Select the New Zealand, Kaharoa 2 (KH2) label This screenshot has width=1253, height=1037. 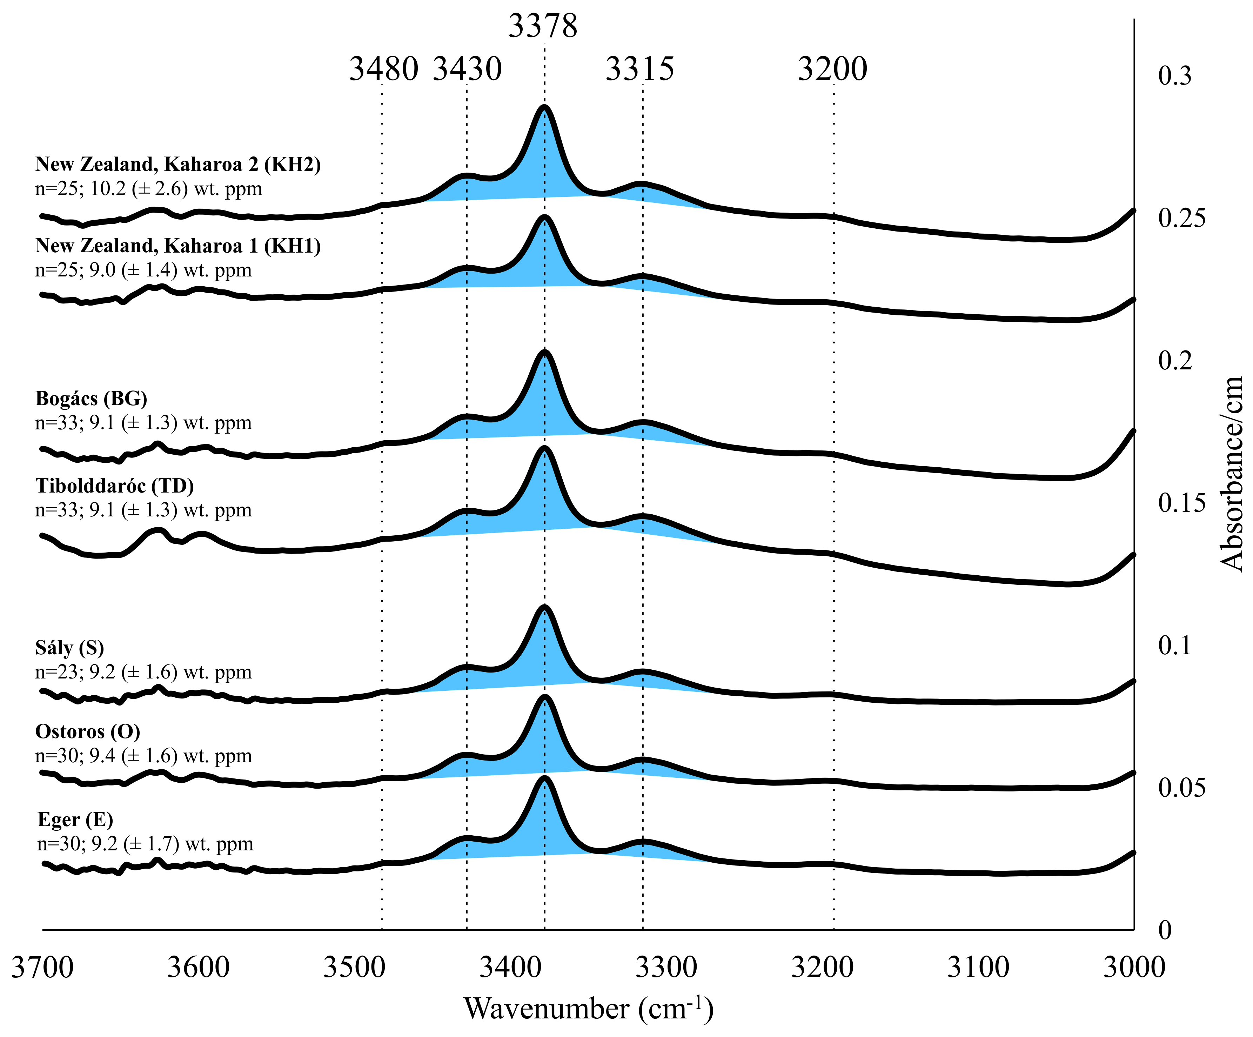point(178,164)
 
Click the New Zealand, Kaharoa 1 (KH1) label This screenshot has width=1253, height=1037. point(178,246)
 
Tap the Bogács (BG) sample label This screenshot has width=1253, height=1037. point(91,399)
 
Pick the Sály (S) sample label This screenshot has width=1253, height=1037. point(70,648)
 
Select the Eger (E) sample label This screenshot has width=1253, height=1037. point(75,820)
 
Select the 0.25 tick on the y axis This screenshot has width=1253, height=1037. point(1181,218)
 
